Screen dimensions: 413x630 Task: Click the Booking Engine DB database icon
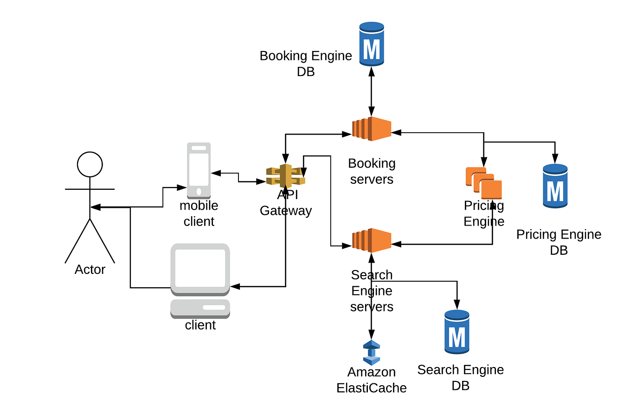[x=372, y=45]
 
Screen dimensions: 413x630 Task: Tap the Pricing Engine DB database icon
[x=555, y=186]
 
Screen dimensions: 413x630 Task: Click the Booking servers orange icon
[x=371, y=129]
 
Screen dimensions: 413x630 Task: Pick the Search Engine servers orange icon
[x=371, y=240]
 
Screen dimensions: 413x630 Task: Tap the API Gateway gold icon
[x=285, y=176]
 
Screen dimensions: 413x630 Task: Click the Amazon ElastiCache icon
[x=371, y=353]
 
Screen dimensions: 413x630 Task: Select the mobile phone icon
[x=199, y=170]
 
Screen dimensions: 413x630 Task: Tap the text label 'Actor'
[x=90, y=270]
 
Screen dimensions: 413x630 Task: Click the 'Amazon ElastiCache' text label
[x=372, y=380]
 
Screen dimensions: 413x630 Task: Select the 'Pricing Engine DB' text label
[x=559, y=242]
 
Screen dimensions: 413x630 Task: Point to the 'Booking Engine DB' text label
[x=306, y=64]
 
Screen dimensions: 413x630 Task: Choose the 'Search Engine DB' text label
[x=460, y=377]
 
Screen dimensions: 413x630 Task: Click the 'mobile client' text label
[x=199, y=213]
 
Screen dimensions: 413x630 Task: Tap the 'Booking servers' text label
[x=372, y=171]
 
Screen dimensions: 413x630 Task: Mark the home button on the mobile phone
[x=199, y=191]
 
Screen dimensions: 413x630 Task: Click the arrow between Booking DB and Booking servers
[x=371, y=90]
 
